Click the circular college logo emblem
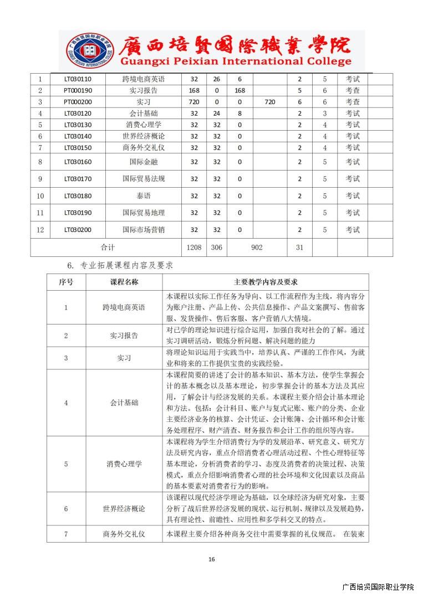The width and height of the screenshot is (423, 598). [89, 50]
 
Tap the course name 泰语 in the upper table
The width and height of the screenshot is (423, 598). [144, 195]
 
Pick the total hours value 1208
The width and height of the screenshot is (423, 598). [194, 248]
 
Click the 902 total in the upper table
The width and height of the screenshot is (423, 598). [256, 248]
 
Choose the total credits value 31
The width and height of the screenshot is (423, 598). [299, 248]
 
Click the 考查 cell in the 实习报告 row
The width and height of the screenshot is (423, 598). [353, 90]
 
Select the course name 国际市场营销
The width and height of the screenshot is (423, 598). [144, 230]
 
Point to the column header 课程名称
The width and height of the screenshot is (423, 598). [124, 282]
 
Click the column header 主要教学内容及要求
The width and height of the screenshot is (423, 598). [266, 282]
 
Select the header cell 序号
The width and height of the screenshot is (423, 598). [66, 282]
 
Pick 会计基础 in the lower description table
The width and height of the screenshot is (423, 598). [124, 403]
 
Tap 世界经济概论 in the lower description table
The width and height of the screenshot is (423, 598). [124, 508]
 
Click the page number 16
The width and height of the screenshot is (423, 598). [211, 559]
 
